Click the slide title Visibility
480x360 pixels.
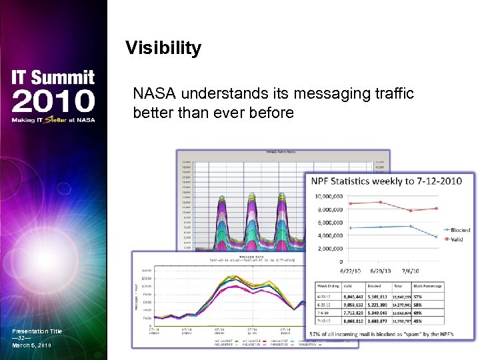(163, 48)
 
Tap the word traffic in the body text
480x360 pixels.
(391, 93)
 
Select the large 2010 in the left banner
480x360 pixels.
(53, 102)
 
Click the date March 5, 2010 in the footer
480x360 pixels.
(31, 345)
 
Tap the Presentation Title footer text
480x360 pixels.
(37, 331)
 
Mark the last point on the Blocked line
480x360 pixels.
(437, 237)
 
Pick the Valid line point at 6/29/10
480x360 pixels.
(380, 202)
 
